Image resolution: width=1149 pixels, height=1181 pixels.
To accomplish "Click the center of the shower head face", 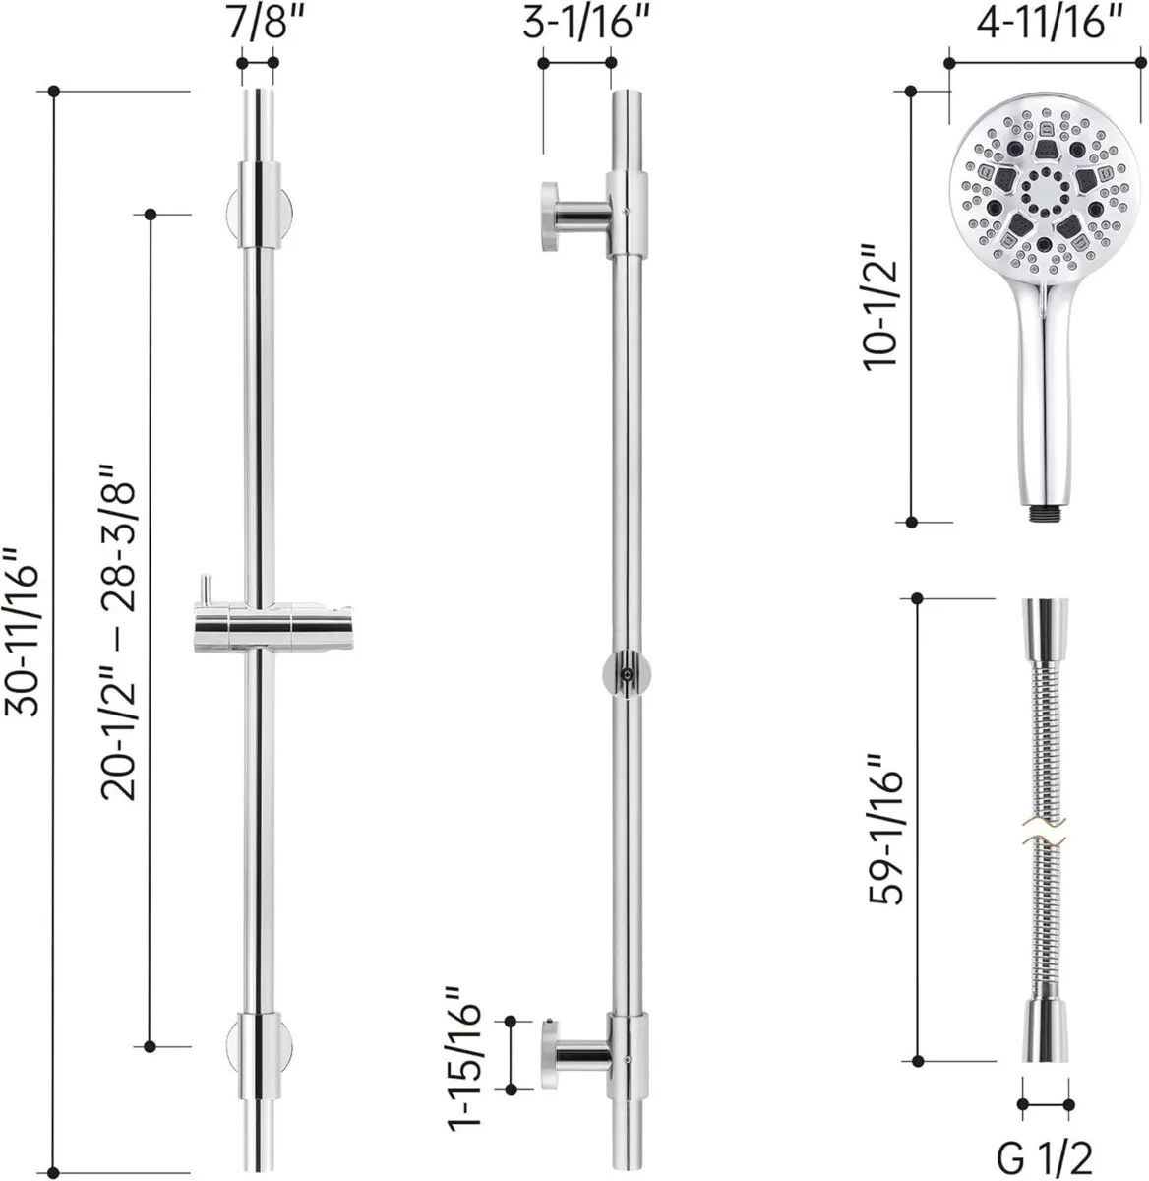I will (1042, 188).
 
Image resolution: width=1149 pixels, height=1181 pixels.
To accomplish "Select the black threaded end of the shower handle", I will (1043, 514).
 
